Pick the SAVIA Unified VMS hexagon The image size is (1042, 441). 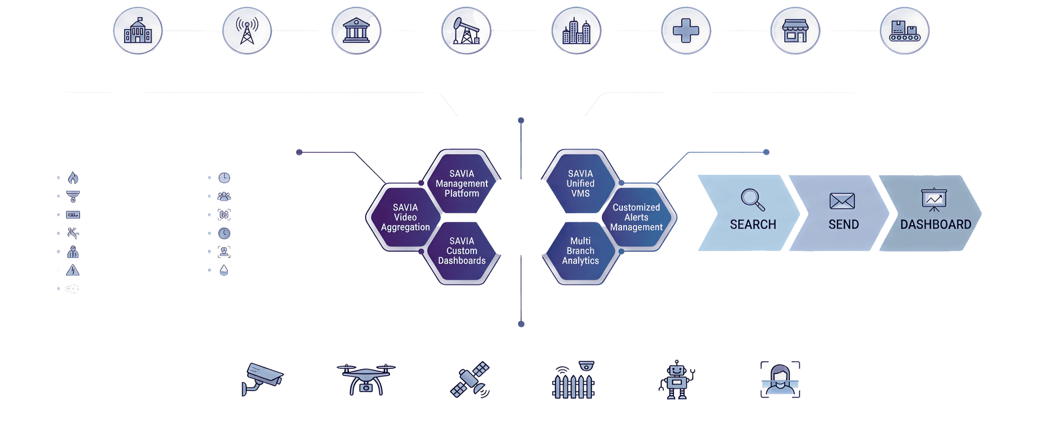(580, 183)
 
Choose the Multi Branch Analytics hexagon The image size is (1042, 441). (580, 251)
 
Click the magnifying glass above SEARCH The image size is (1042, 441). (752, 199)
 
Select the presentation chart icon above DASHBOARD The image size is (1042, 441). (933, 199)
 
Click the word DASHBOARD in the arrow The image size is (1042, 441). (935, 224)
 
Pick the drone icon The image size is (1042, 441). (365, 379)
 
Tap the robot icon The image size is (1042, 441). (676, 379)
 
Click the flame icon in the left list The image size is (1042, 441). (73, 177)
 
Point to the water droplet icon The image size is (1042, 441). (223, 270)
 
